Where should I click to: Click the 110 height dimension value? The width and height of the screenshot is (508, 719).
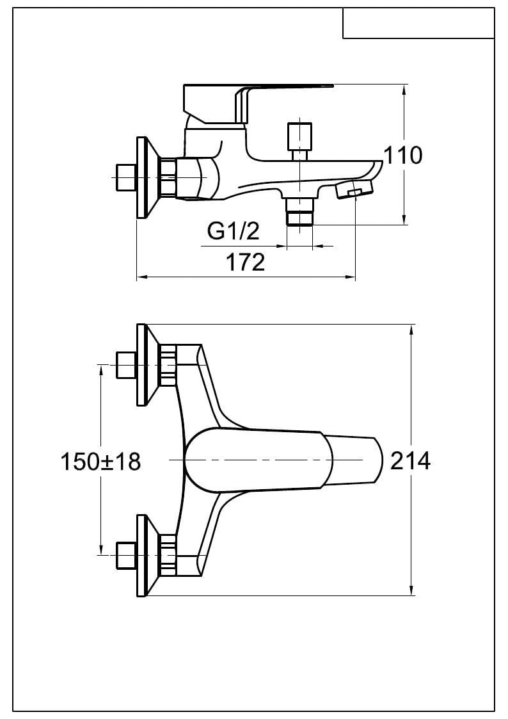tap(403, 155)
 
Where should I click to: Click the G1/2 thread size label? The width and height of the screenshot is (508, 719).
tap(234, 231)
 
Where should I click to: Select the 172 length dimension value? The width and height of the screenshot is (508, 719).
tap(246, 262)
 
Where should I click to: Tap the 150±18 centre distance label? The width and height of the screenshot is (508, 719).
tap(100, 461)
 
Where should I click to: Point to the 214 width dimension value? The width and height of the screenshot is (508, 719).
tap(410, 460)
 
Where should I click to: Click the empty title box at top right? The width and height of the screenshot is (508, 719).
tap(418, 23)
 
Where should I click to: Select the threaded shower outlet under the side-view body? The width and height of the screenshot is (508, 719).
tap(299, 211)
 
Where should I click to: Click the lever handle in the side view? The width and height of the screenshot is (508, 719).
tap(256, 96)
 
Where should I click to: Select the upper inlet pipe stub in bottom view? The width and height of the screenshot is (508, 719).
tap(125, 365)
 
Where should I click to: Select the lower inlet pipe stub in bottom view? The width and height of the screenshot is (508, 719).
tap(125, 555)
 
